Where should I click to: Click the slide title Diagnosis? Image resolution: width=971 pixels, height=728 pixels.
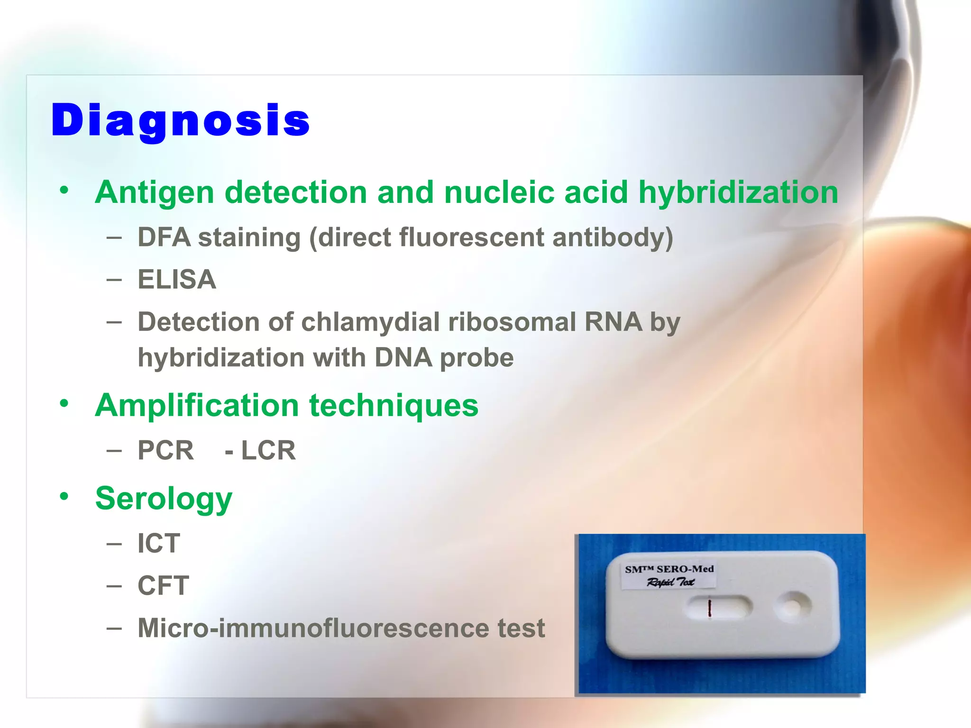tap(180, 120)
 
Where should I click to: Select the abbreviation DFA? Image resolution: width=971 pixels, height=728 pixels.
tap(164, 237)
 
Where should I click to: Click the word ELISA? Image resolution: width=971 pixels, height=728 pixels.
tap(177, 279)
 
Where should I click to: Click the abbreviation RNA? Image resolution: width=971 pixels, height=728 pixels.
tap(613, 322)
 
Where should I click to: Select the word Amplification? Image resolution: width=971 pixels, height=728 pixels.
tap(197, 406)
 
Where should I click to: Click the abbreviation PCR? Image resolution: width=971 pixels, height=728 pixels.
tap(165, 450)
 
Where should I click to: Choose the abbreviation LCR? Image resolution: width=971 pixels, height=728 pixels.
tap(268, 450)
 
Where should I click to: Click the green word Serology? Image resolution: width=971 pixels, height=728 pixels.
tap(164, 499)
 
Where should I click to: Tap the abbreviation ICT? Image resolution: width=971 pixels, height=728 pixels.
tap(158, 543)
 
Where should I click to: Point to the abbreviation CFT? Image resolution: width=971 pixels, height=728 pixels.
tap(163, 585)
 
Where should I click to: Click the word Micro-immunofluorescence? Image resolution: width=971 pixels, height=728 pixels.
tap(313, 628)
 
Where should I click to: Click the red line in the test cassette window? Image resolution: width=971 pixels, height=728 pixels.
tap(709, 608)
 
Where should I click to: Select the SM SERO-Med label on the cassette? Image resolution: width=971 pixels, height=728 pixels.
tap(669, 575)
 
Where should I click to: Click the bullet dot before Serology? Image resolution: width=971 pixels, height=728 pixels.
tap(64, 496)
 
